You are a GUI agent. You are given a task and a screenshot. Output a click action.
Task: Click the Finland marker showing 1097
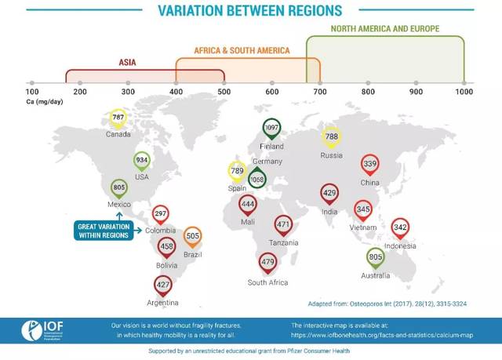coord(272,128)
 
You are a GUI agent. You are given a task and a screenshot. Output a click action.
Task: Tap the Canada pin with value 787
coord(118,118)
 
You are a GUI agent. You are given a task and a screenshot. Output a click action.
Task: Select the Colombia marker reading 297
coord(161,214)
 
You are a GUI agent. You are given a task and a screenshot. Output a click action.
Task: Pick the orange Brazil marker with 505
coord(192,236)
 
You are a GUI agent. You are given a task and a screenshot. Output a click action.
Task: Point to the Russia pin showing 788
coord(332,137)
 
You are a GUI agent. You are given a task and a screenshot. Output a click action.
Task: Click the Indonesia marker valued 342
coord(400,227)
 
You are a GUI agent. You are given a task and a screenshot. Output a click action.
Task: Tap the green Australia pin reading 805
coord(375,257)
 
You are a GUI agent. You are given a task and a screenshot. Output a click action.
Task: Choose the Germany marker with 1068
coord(257,180)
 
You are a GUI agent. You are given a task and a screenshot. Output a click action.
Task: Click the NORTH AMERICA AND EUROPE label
coord(385,28)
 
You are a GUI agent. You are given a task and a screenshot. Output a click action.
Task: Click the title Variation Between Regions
coord(250,10)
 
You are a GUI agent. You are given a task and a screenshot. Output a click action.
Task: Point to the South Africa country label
coord(268,282)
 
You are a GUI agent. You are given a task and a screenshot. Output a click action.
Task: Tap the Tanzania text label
coord(283,243)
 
